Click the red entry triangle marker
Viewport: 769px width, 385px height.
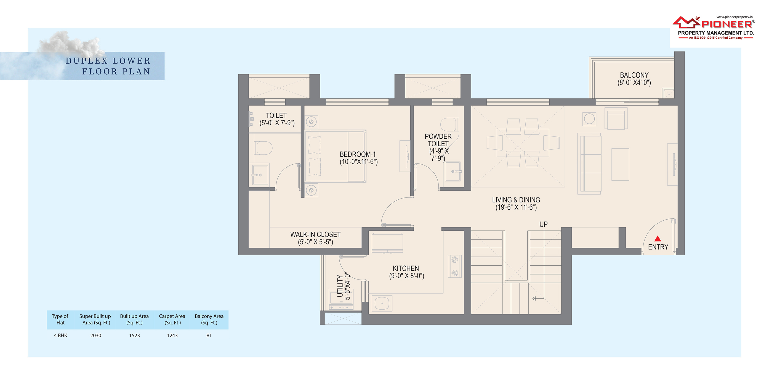click(x=658, y=239)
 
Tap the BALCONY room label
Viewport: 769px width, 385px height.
click(x=634, y=75)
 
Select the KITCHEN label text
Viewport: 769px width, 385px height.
click(x=406, y=268)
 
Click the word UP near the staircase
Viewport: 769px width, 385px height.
click(x=543, y=224)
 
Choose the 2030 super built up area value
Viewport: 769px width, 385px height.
click(x=95, y=335)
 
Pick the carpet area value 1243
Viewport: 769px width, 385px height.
click(x=172, y=335)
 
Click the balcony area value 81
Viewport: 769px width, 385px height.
click(x=209, y=335)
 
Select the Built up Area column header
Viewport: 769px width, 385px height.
click(x=134, y=319)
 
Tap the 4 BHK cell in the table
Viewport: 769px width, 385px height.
click(x=61, y=335)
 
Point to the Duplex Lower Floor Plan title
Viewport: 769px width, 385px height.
click(x=108, y=66)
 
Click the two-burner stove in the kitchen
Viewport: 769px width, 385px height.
click(x=455, y=266)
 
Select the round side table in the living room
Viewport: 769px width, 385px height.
click(x=589, y=119)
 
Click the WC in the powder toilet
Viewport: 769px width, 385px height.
click(x=449, y=125)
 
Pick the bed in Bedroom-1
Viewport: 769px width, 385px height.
click(x=335, y=156)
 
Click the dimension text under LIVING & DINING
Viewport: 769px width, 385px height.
click(x=516, y=207)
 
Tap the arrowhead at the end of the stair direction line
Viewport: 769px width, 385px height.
click(x=534, y=298)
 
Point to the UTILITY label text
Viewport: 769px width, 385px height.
click(x=340, y=286)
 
